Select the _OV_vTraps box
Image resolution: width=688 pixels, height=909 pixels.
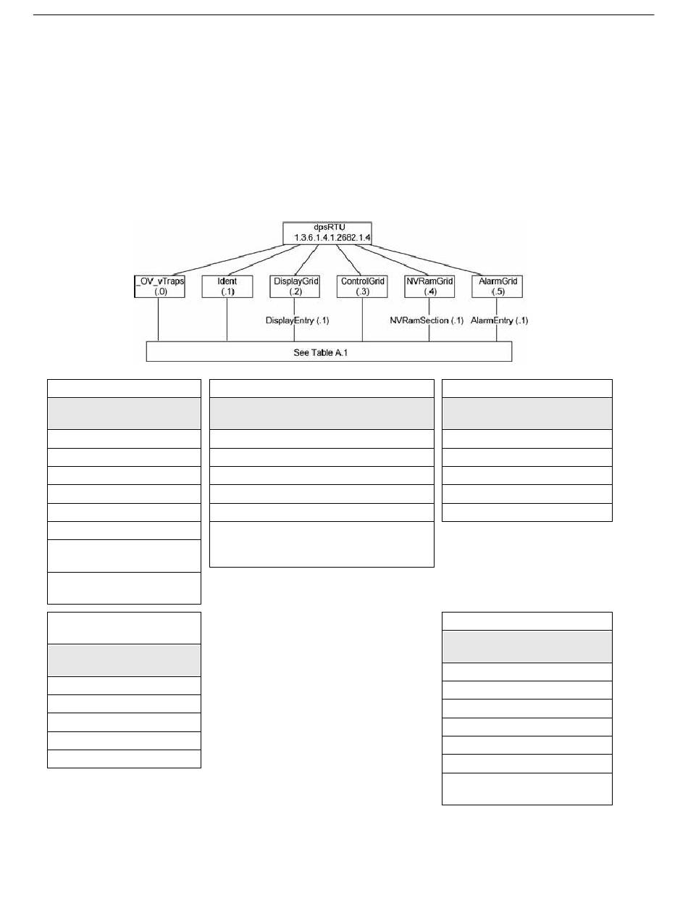(x=159, y=286)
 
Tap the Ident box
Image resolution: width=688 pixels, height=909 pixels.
(x=227, y=286)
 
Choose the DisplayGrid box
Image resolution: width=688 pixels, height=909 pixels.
(x=295, y=286)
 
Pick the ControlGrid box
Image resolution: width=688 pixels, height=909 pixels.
(x=362, y=286)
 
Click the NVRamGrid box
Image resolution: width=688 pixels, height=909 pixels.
(x=429, y=286)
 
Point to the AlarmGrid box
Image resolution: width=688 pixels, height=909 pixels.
(x=496, y=286)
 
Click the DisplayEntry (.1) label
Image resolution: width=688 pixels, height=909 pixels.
(x=298, y=320)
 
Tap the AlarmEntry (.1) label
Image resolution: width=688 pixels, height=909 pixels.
(x=500, y=320)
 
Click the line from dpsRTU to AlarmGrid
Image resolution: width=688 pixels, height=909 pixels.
(x=435, y=260)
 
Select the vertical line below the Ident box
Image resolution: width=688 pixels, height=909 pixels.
(x=227, y=319)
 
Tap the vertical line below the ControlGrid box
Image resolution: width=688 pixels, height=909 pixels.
(x=362, y=319)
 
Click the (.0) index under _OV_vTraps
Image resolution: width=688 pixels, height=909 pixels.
(x=159, y=291)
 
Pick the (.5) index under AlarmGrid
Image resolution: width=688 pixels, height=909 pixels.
(x=496, y=291)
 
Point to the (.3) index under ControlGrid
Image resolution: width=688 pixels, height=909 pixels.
(x=362, y=291)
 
